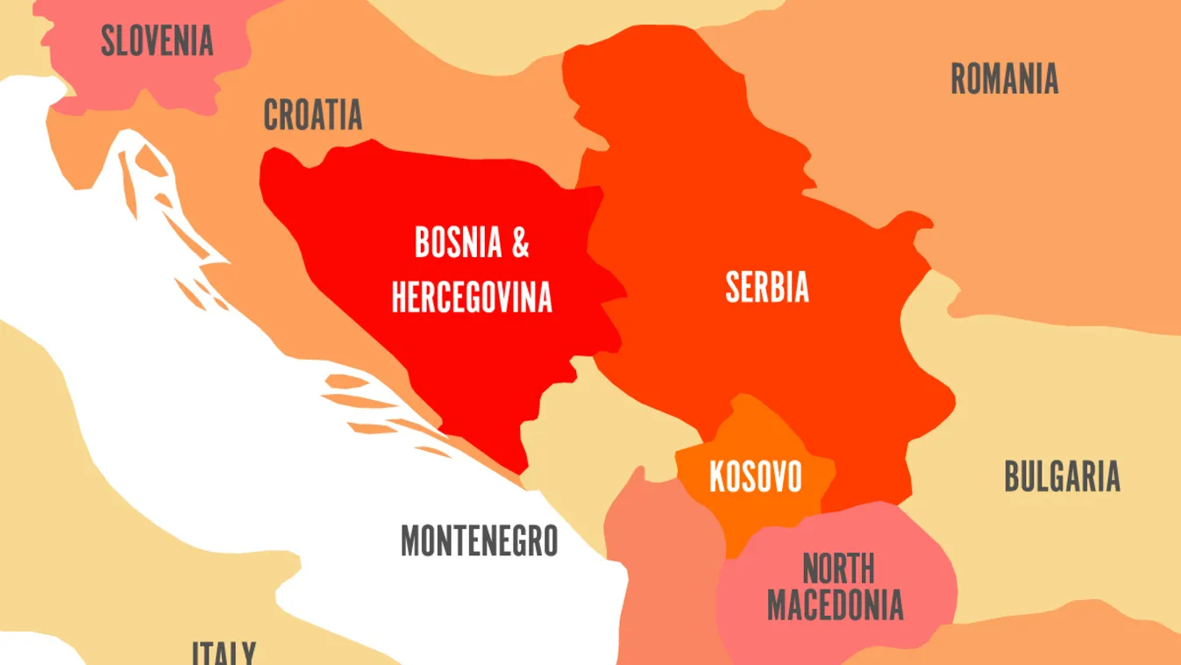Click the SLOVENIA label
157,41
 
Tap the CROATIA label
313,115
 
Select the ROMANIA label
1004,79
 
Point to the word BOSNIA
458,243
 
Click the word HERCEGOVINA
472,297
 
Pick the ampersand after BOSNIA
521,243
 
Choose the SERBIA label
767,287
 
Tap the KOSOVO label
755,477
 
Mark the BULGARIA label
1062,476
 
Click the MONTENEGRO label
479,540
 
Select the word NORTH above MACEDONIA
838,569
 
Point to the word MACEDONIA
835,604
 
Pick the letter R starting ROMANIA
958,79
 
